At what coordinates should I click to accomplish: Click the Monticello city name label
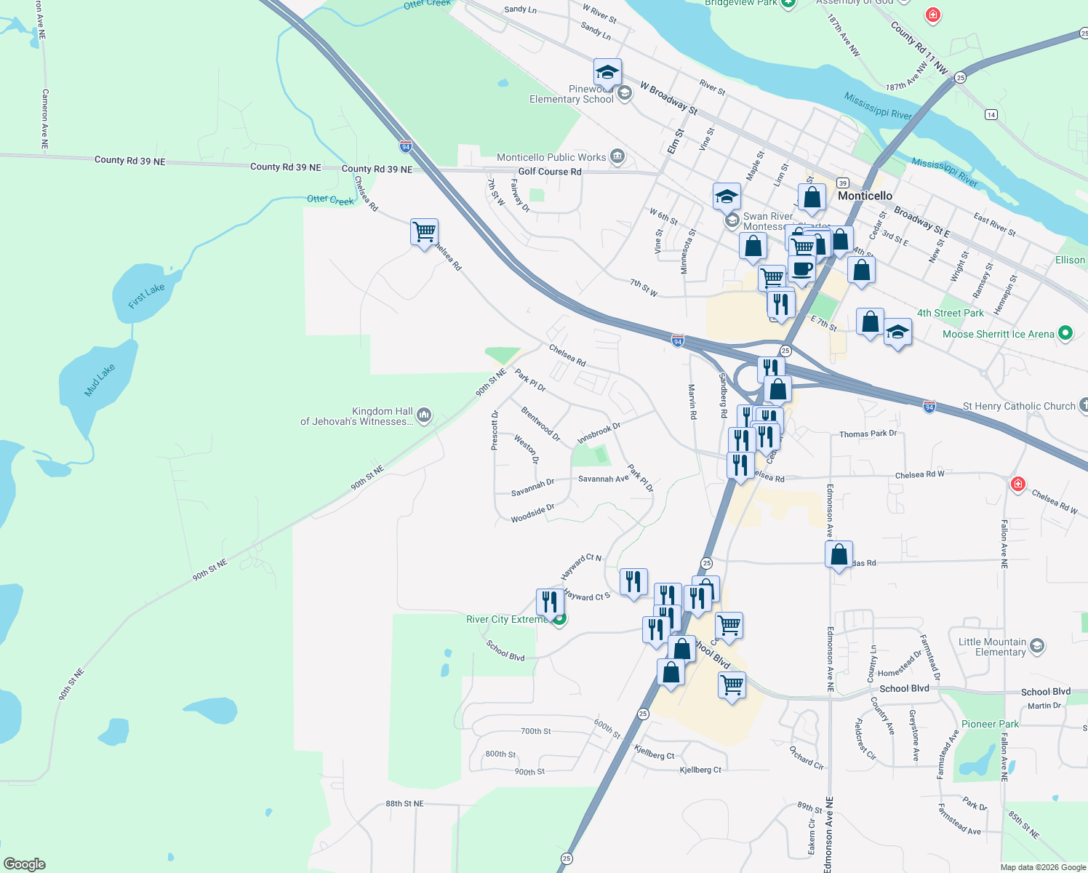click(865, 196)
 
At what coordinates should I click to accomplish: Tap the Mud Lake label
click(100, 380)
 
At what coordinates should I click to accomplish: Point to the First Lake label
click(146, 296)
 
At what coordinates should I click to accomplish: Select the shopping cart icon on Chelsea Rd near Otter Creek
click(424, 233)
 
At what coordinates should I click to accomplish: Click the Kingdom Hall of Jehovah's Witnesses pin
click(424, 415)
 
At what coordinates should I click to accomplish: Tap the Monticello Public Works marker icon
click(617, 156)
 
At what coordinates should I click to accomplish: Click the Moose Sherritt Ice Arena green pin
click(1065, 333)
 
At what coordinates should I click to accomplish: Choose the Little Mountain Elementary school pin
click(1037, 645)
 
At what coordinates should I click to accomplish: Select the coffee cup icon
click(801, 269)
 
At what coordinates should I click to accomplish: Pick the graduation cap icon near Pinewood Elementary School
click(607, 73)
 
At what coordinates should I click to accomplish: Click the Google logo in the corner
click(24, 864)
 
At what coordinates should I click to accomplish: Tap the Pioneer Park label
click(990, 724)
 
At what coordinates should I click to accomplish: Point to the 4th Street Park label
click(950, 313)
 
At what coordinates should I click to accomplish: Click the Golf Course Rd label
click(549, 172)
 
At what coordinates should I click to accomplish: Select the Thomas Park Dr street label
click(868, 434)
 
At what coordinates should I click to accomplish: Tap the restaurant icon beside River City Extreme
click(550, 602)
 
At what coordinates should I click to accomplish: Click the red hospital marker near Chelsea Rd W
click(1017, 484)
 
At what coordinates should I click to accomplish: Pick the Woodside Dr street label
click(532, 514)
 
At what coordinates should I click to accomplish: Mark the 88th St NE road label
click(404, 804)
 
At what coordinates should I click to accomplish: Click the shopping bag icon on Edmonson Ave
click(839, 555)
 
